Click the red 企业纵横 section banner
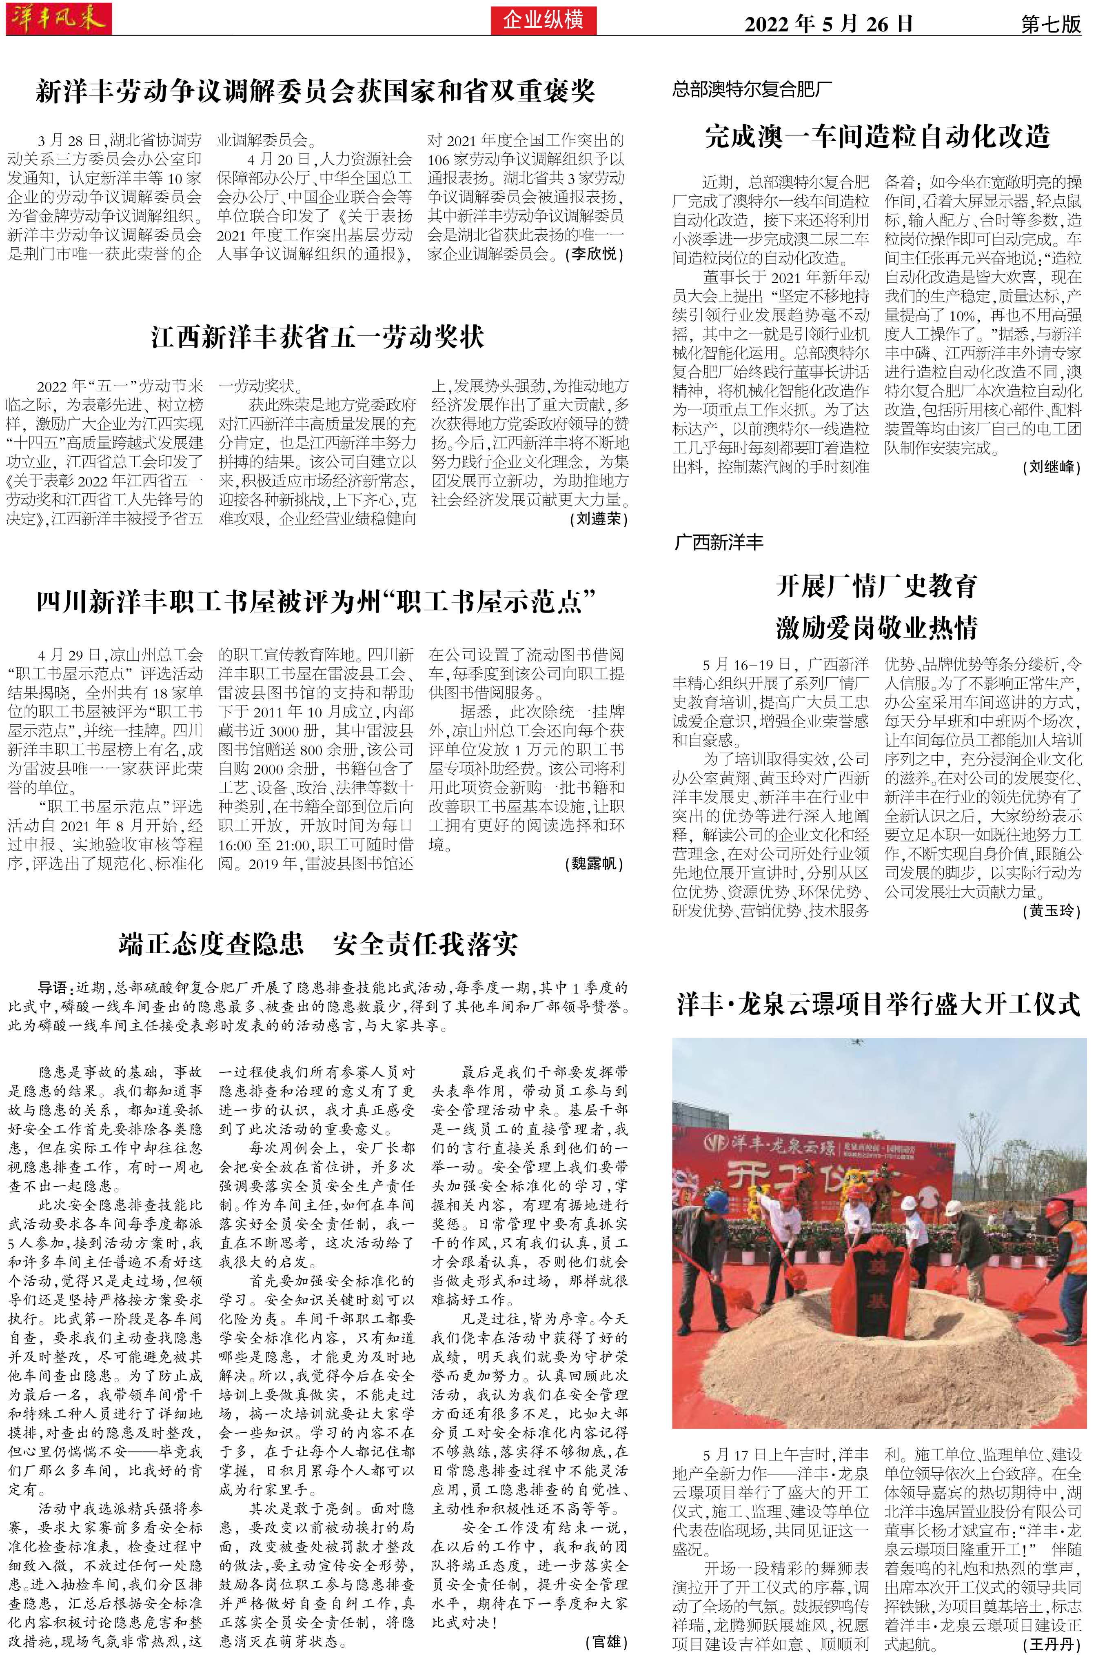543,20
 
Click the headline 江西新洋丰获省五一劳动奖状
317,337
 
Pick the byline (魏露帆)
593,864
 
